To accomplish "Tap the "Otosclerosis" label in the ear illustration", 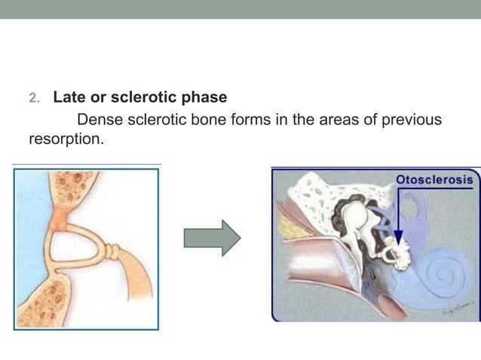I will click(435, 180).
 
